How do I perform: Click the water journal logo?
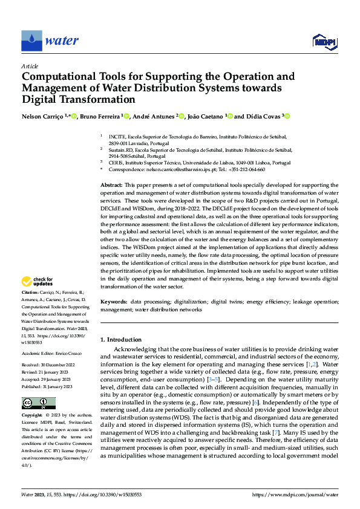[x=50, y=41]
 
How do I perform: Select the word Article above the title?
[x=30, y=66]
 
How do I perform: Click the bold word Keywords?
[x=114, y=301]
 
